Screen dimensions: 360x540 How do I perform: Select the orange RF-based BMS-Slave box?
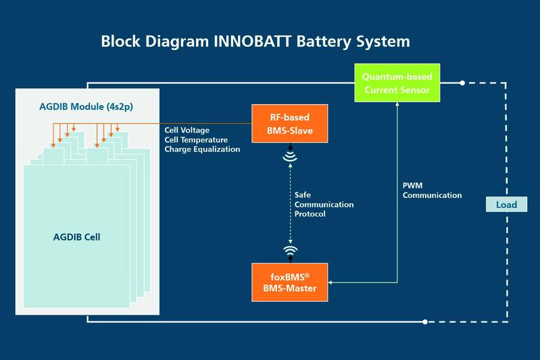[x=289, y=123]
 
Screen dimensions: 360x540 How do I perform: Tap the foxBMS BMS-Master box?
[x=289, y=282]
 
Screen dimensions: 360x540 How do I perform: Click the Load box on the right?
[x=506, y=205]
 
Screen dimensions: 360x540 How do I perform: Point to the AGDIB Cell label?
[x=81, y=237]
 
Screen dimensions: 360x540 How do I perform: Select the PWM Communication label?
[x=432, y=190]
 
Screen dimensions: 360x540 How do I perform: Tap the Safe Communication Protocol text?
[x=324, y=204]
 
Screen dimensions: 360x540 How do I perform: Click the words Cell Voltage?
[x=187, y=130]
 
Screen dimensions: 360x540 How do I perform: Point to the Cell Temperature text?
[x=196, y=140]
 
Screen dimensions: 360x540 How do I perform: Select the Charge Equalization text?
[x=202, y=149]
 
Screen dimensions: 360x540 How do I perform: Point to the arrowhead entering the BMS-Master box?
[x=332, y=282]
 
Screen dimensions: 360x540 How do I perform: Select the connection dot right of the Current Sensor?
[x=462, y=83]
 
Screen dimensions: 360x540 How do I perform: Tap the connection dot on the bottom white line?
[x=424, y=322]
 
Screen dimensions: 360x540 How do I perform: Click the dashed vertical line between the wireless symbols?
[x=290, y=203]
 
